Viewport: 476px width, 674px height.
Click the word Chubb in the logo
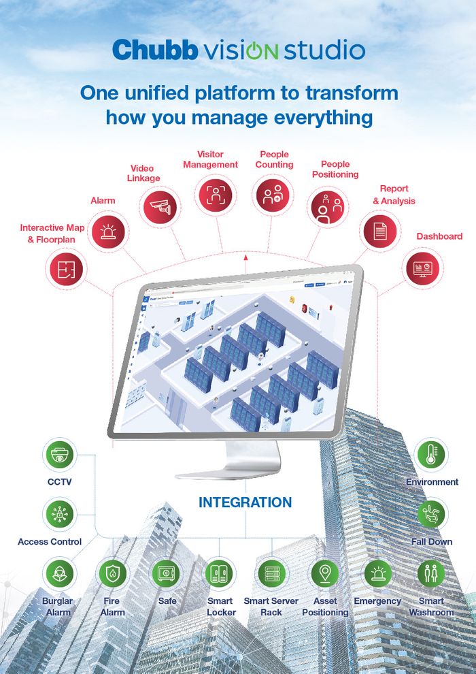click(154, 50)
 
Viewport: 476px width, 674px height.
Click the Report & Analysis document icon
click(380, 230)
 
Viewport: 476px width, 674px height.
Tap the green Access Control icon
click(59, 515)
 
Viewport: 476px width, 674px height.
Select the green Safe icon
click(167, 574)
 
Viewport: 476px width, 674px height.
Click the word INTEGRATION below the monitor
click(245, 503)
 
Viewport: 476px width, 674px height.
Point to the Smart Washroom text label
click(431, 607)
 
